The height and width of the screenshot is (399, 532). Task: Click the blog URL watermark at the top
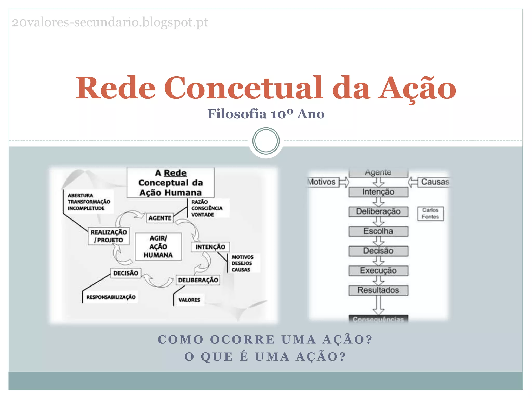[x=110, y=22]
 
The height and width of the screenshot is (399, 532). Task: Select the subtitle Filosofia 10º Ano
[x=266, y=114]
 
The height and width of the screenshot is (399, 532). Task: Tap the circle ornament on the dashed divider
[x=266, y=141]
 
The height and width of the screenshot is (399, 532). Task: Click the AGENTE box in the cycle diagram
[x=160, y=218]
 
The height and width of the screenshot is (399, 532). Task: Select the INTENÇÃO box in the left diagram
[x=210, y=247]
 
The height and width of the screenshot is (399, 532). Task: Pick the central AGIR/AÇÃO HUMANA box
[x=158, y=247]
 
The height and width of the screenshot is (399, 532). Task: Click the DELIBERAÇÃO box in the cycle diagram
[x=198, y=280]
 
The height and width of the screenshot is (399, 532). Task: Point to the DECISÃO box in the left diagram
[x=126, y=273]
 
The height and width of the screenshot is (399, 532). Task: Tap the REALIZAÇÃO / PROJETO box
[x=109, y=236]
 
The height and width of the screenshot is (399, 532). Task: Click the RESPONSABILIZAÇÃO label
[x=111, y=297]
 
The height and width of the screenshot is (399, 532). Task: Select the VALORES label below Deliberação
[x=189, y=300]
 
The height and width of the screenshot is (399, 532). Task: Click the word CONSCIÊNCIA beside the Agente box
[x=207, y=208]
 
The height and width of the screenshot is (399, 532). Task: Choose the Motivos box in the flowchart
[x=322, y=182]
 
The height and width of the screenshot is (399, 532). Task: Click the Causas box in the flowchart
[x=434, y=182]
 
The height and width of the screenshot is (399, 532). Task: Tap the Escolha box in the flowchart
[x=378, y=231]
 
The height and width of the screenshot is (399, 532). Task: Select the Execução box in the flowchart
[x=378, y=270]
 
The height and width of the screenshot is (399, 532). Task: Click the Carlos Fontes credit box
[x=430, y=214]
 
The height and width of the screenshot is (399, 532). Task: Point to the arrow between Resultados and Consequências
[x=378, y=305]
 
